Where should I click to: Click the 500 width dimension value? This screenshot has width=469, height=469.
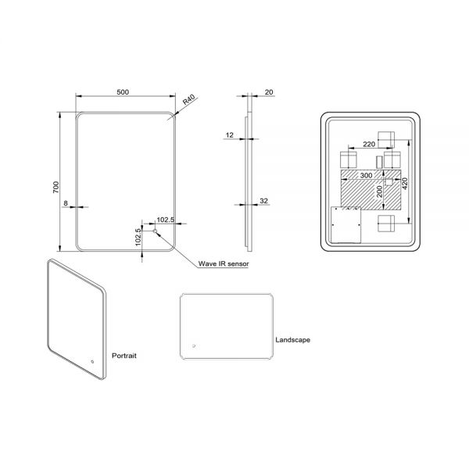click(x=123, y=91)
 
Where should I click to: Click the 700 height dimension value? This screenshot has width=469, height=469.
click(x=56, y=187)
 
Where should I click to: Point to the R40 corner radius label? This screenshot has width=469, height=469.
click(x=188, y=99)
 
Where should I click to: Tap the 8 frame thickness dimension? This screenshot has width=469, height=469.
click(x=66, y=203)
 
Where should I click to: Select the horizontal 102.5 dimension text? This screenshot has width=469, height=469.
click(x=166, y=220)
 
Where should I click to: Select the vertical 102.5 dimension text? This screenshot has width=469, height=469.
click(x=138, y=237)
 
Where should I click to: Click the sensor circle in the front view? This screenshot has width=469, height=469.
click(x=155, y=231)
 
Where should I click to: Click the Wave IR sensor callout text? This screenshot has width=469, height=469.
click(x=224, y=263)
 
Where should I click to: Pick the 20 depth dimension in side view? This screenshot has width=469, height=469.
click(x=269, y=92)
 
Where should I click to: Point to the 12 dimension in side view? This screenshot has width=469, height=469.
click(x=229, y=135)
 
